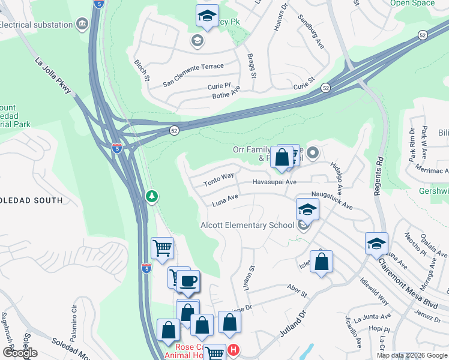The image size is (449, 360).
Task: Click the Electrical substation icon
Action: click(82, 24)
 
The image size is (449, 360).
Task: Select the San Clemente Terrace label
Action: click(193, 67)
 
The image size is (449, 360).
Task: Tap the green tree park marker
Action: click(152, 196)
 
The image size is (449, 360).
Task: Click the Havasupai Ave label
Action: click(274, 182)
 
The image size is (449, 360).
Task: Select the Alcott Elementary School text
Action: click(247, 225)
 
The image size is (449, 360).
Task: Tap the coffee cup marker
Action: click(188, 280)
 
